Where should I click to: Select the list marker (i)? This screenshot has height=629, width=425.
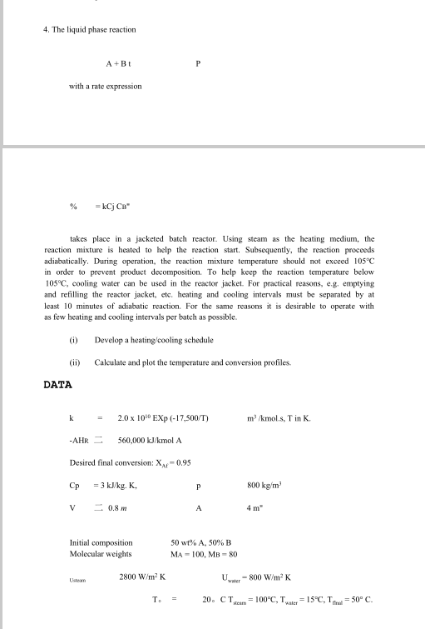coord(74,340)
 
